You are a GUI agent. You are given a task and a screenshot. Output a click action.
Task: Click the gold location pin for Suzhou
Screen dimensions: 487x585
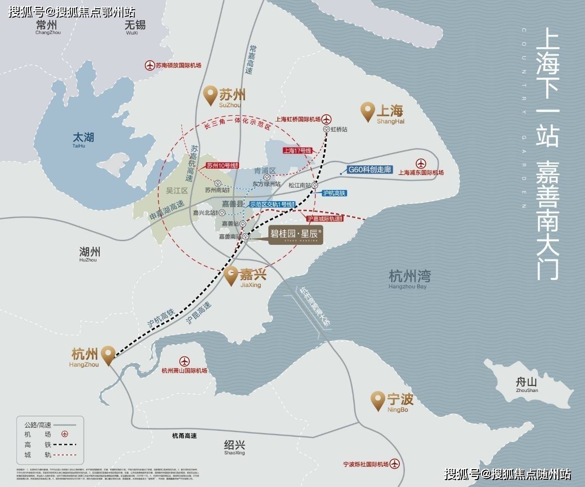[210, 95]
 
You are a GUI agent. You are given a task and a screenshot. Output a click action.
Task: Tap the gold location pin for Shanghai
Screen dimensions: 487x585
[367, 111]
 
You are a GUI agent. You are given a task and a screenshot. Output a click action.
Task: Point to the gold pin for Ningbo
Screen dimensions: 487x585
[378, 400]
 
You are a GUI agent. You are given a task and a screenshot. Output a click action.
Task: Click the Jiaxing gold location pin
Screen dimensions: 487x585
[231, 275]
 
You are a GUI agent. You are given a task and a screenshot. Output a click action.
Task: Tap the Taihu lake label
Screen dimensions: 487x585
[83, 139]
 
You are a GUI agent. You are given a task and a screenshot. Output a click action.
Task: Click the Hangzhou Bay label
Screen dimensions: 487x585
[409, 279]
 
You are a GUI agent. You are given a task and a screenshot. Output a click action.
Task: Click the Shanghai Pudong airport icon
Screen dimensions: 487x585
[420, 164]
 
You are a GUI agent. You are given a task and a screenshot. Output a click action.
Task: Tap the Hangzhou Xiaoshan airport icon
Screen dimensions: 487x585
[184, 361]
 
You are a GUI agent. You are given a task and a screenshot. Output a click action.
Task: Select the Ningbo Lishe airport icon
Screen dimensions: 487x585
[394, 464]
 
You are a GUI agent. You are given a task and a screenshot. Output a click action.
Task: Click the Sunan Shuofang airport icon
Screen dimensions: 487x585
[149, 65]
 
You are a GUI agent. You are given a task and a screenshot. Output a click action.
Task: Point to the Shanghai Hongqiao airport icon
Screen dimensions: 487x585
[326, 119]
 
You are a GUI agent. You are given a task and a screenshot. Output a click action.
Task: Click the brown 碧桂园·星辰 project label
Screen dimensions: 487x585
[296, 235]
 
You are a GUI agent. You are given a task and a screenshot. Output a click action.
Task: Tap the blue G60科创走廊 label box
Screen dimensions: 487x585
[370, 169]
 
